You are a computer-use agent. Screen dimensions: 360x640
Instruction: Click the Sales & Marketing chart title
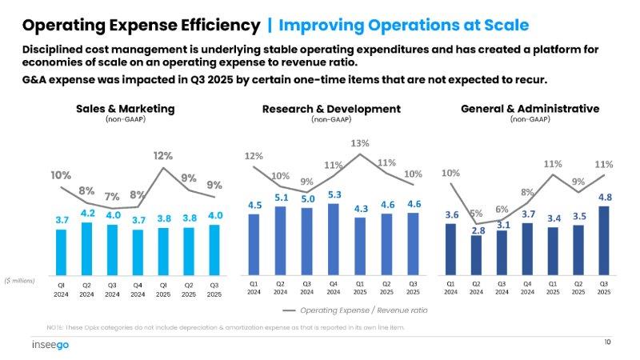click(x=125, y=108)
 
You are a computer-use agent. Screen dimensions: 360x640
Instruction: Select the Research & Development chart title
click(x=330, y=108)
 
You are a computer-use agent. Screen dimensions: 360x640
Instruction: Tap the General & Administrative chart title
click(x=530, y=108)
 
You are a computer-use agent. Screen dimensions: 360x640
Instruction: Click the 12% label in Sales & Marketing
click(x=163, y=155)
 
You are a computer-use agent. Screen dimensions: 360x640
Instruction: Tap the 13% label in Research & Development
click(x=360, y=143)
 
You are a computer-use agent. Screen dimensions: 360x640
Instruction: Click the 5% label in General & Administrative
click(x=476, y=214)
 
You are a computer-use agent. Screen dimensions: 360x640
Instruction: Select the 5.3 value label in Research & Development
click(x=334, y=194)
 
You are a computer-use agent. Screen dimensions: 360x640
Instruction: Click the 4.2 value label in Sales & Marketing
click(x=86, y=213)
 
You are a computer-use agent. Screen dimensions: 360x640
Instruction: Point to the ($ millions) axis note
click(x=19, y=280)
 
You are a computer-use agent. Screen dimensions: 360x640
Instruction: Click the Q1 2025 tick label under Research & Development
click(x=360, y=287)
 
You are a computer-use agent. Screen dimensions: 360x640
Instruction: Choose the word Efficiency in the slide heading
click(x=214, y=26)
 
